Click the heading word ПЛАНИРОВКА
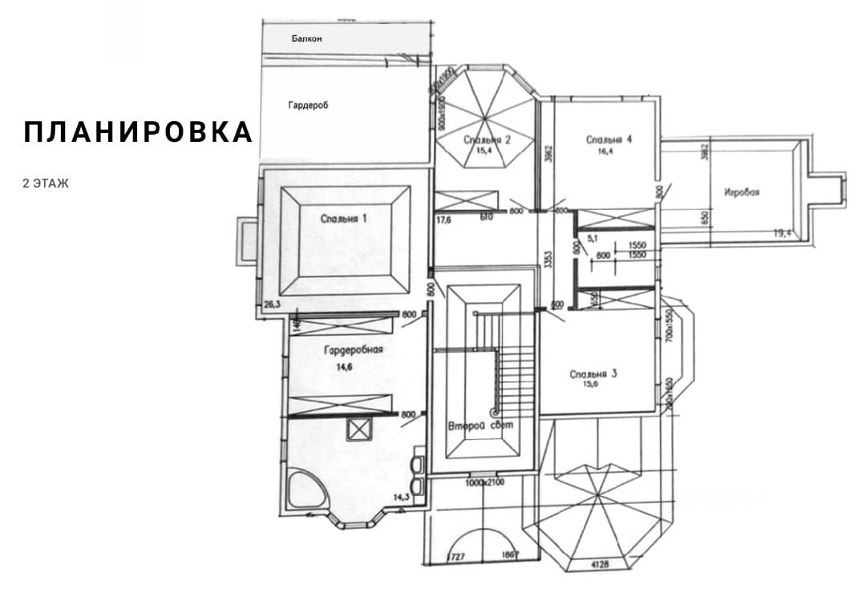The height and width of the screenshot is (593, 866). (138, 132)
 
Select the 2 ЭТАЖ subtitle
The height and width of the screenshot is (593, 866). (47, 184)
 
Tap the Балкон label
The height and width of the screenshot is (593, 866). (306, 38)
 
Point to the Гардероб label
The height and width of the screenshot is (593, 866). (309, 105)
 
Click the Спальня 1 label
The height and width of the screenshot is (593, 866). (344, 218)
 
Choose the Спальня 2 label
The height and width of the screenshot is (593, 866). (488, 140)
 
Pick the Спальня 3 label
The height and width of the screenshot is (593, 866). (593, 373)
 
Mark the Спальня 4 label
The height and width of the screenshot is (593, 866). (609, 139)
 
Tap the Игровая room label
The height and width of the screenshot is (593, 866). (741, 192)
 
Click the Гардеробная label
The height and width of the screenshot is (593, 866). (354, 350)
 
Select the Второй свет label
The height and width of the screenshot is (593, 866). (481, 425)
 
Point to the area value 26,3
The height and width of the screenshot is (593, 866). (273, 304)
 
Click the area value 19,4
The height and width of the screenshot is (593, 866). (783, 232)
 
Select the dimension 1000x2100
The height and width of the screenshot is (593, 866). (485, 483)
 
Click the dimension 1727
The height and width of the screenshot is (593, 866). (455, 555)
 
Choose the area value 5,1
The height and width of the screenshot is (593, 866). (593, 237)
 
